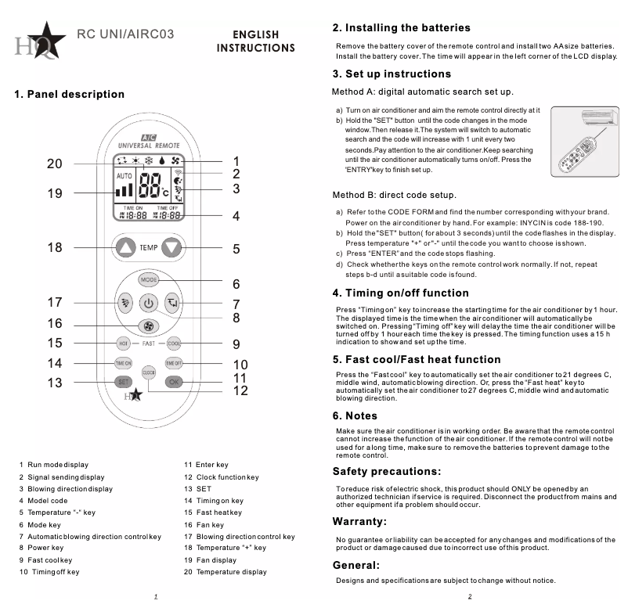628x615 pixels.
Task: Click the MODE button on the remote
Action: click(x=149, y=279)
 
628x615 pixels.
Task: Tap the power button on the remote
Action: click(x=149, y=303)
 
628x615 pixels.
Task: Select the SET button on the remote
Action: click(x=124, y=382)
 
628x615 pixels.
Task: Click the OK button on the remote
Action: click(x=174, y=382)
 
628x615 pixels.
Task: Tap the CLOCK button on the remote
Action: click(x=149, y=373)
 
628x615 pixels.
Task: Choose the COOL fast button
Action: click(x=174, y=343)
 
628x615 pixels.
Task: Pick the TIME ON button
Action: click(x=124, y=363)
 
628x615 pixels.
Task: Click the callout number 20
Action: click(x=54, y=164)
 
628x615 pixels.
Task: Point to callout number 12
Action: click(x=240, y=390)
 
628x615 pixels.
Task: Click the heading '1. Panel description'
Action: click(x=70, y=95)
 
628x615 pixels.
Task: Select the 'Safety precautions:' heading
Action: click(x=387, y=472)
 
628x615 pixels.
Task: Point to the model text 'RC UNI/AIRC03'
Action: click(x=125, y=34)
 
